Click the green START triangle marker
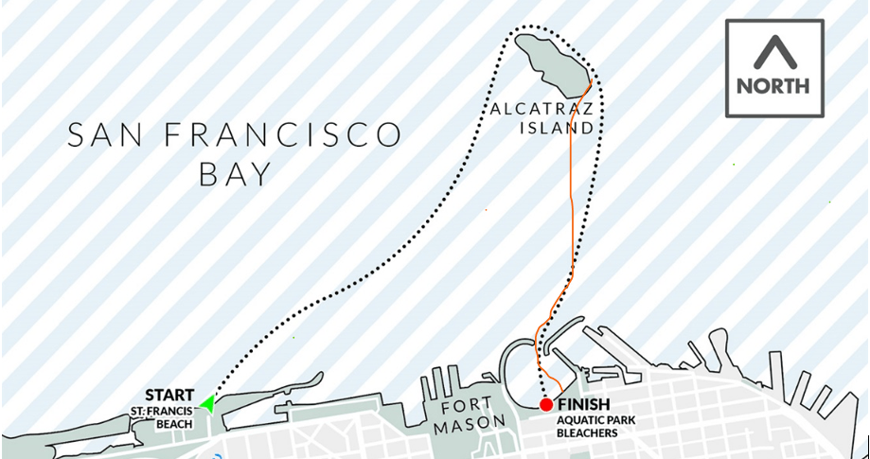(206, 406)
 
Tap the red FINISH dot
(546, 405)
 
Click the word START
(169, 395)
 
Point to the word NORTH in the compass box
(772, 85)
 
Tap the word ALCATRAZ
(542, 108)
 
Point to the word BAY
(235, 173)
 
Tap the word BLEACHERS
(588, 433)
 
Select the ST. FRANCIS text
(164, 410)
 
